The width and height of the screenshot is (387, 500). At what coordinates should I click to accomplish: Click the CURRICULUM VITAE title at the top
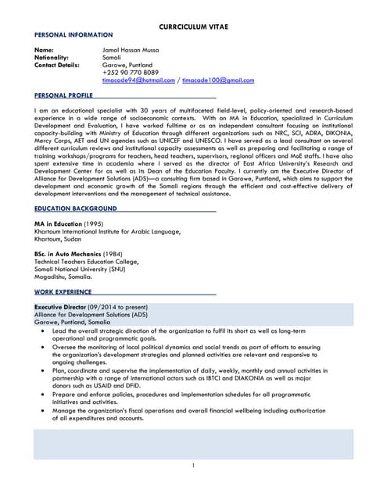pyautogui.click(x=192, y=26)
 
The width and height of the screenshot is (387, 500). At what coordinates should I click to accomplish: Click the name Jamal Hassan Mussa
pyautogui.click(x=131, y=50)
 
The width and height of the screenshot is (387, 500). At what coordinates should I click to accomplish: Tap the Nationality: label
pyautogui.click(x=52, y=58)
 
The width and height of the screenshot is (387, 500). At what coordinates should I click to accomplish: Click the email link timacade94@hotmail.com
pyautogui.click(x=138, y=80)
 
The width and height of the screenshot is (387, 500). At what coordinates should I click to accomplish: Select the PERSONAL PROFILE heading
pyautogui.click(x=64, y=95)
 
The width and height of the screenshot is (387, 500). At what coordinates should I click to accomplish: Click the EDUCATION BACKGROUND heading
pyautogui.click(x=76, y=209)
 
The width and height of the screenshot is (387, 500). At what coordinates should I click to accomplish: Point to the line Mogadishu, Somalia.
pyautogui.click(x=63, y=277)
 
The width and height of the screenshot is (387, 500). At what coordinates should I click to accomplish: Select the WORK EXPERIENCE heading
pyautogui.click(x=63, y=291)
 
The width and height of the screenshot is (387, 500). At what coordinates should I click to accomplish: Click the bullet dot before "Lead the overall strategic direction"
pyautogui.click(x=43, y=331)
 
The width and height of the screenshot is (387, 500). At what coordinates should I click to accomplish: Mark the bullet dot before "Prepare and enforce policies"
pyautogui.click(x=43, y=396)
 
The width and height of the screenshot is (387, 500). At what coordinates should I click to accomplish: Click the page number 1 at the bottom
pyautogui.click(x=193, y=466)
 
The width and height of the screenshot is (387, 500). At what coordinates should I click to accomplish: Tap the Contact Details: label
pyautogui.click(x=57, y=65)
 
